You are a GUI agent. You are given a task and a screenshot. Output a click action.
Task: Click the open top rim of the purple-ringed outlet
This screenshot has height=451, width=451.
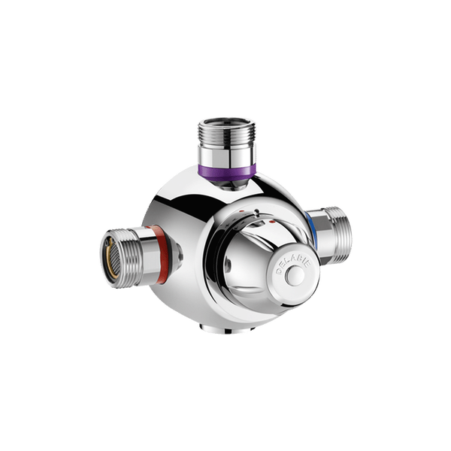(x=226, y=121)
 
